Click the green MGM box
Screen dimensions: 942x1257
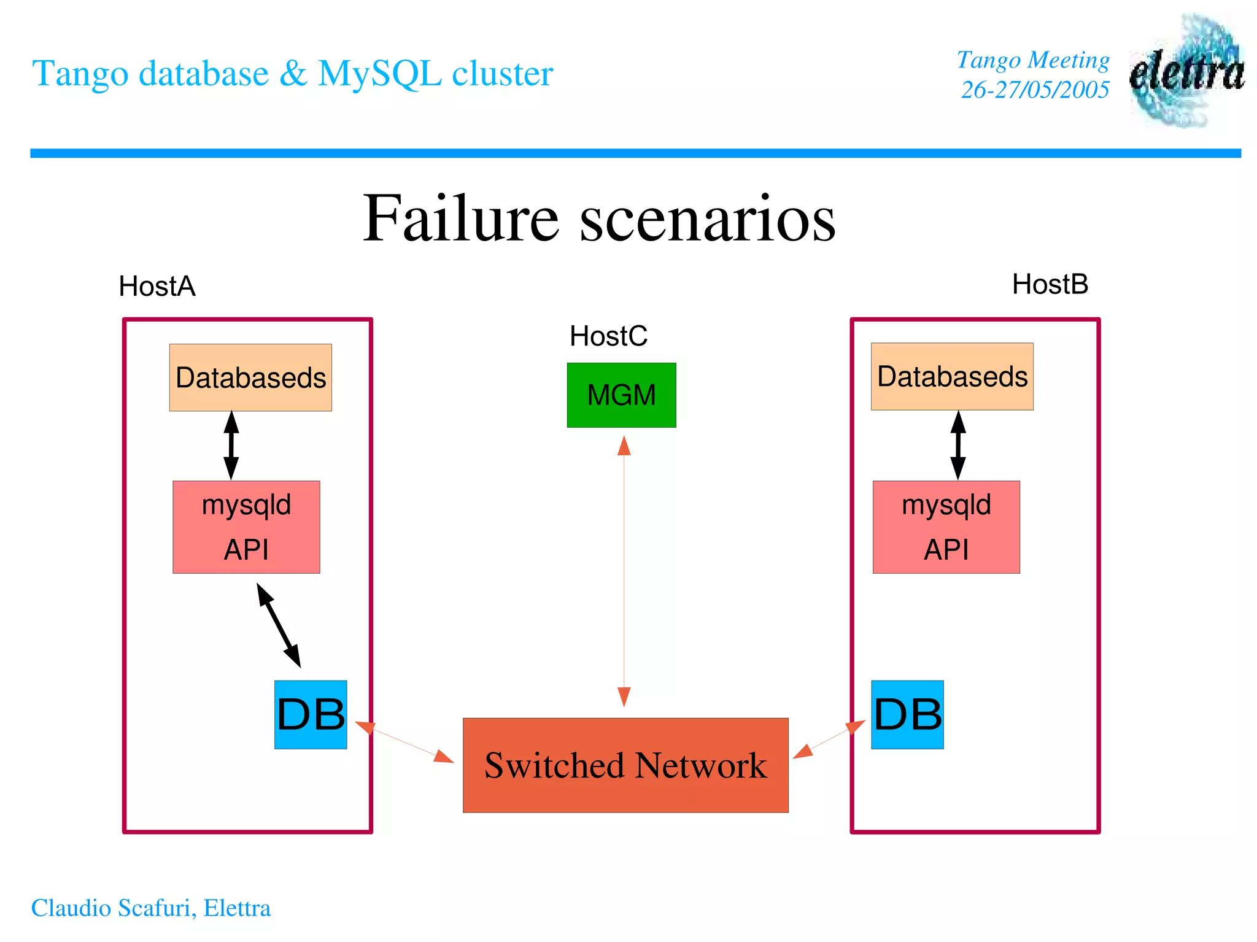click(x=621, y=395)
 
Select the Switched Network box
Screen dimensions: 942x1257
click(x=625, y=765)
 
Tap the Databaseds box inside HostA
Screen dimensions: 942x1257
click(x=250, y=377)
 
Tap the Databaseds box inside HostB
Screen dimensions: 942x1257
click(x=952, y=376)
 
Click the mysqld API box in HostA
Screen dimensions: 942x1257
click(x=246, y=527)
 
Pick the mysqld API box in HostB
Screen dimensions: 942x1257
click(x=946, y=527)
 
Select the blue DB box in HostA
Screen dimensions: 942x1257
click(x=311, y=714)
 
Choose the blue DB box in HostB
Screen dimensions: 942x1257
click(x=907, y=714)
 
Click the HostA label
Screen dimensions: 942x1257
click(x=157, y=286)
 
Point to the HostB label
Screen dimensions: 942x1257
click(x=1050, y=284)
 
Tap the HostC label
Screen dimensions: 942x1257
click(x=608, y=336)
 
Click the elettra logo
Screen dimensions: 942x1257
click(x=1186, y=71)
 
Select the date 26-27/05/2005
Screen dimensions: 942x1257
click(x=1035, y=90)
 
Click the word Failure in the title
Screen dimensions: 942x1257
click(x=460, y=218)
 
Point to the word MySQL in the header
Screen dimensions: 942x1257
click(x=379, y=73)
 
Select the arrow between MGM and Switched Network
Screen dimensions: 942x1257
click(x=624, y=571)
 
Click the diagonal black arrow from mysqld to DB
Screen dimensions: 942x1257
click(x=279, y=625)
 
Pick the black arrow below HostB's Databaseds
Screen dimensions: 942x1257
click(x=958, y=445)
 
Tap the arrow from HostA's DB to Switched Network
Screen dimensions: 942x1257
click(x=404, y=743)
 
